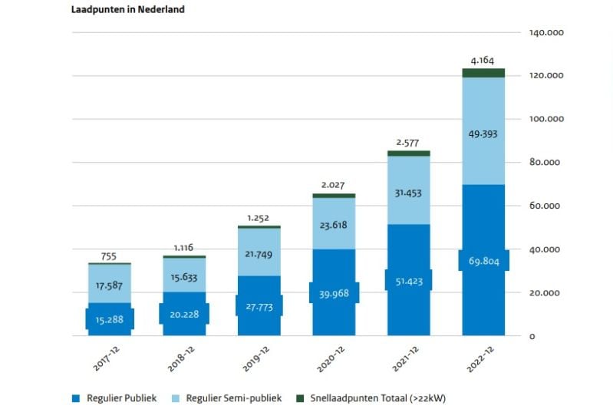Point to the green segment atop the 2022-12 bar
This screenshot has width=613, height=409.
click(x=483, y=73)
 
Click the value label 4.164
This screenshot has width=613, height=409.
click(x=483, y=59)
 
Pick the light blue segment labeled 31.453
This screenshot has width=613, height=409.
click(x=408, y=192)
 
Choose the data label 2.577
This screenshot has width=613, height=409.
click(x=408, y=142)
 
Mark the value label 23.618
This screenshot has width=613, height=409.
click(x=334, y=226)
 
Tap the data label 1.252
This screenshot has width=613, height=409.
click(x=259, y=218)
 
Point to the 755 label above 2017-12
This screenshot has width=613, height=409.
click(x=110, y=256)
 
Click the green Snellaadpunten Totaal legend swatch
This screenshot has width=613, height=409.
click(x=300, y=397)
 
